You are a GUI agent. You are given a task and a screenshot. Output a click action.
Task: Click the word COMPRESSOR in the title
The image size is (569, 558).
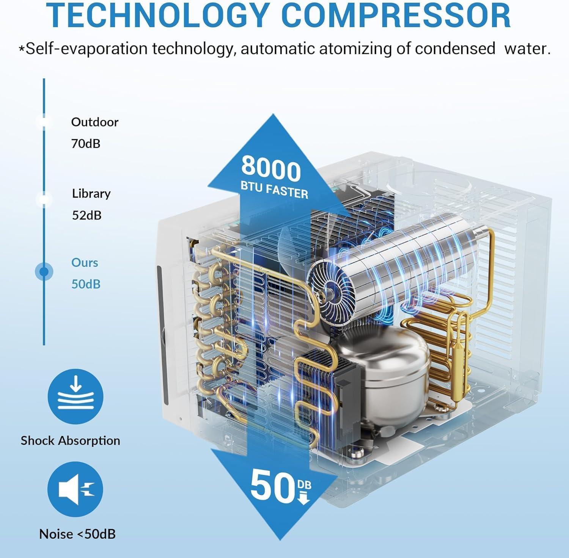pyautogui.click(x=396, y=15)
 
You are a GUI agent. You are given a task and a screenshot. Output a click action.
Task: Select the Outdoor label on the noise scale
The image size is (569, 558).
pyautogui.click(x=95, y=122)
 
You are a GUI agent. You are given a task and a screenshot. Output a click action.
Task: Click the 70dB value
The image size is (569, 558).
pyautogui.click(x=86, y=144)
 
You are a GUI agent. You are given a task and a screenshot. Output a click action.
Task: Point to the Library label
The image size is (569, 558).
pyautogui.click(x=91, y=194)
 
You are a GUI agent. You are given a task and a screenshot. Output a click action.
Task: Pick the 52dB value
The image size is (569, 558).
pyautogui.click(x=87, y=215)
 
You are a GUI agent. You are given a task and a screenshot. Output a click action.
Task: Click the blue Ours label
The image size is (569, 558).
pyautogui.click(x=85, y=263)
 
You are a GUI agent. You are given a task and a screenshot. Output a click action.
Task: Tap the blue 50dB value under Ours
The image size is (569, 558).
pyautogui.click(x=86, y=284)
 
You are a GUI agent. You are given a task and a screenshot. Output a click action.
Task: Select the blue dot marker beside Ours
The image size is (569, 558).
pyautogui.click(x=44, y=272)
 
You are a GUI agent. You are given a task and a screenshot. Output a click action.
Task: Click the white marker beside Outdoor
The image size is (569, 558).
pyautogui.click(x=44, y=121)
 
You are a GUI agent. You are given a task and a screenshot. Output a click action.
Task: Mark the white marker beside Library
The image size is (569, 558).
pyautogui.click(x=44, y=199)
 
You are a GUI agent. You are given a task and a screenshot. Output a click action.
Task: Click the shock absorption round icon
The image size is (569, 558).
pyautogui.click(x=75, y=397)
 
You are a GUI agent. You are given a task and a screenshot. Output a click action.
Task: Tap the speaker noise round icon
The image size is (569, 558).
pyautogui.click(x=75, y=489)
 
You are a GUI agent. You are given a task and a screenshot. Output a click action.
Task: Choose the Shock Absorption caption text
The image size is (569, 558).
pyautogui.click(x=70, y=440)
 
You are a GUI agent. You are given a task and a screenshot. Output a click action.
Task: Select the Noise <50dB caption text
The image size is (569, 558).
pyautogui.click(x=77, y=534)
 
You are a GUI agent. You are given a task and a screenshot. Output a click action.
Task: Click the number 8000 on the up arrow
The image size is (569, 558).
pyautogui.click(x=271, y=169)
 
